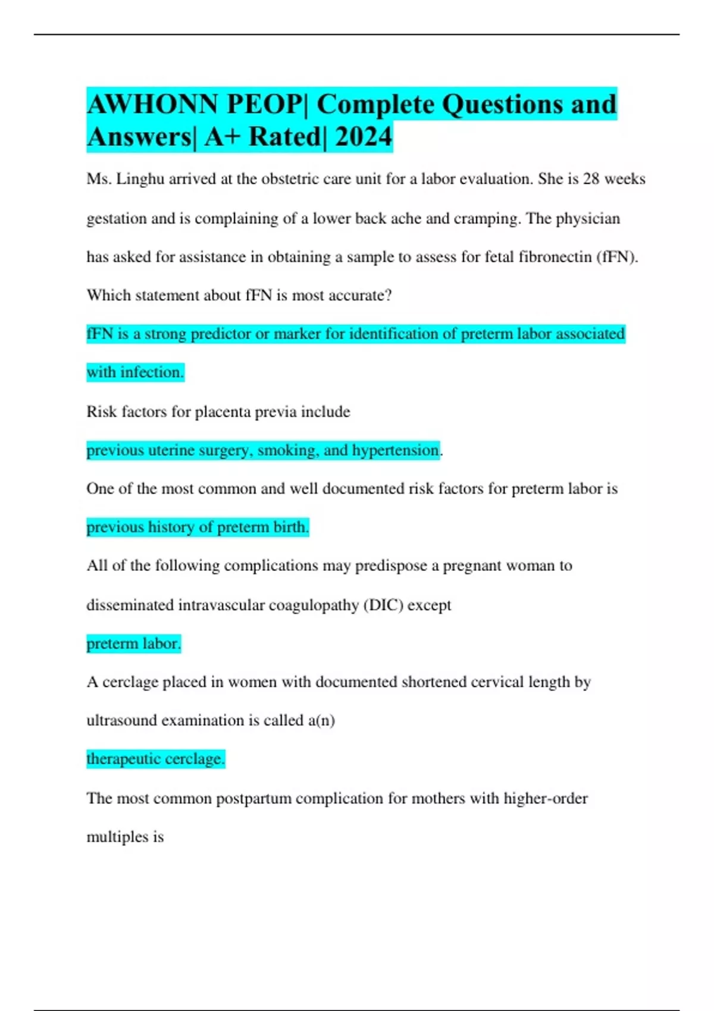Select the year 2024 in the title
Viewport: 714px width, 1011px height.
[363, 137]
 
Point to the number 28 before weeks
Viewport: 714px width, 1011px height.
[591, 179]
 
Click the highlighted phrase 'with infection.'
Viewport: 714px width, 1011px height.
[135, 372]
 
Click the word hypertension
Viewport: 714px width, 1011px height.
[396, 450]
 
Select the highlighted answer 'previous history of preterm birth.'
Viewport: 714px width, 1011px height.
[198, 527]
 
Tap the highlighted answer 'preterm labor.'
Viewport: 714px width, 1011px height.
[133, 643]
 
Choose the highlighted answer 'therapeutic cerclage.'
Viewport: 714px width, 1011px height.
[155, 759]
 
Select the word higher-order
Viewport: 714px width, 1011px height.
[546, 798]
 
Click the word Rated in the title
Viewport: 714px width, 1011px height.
[284, 137]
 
